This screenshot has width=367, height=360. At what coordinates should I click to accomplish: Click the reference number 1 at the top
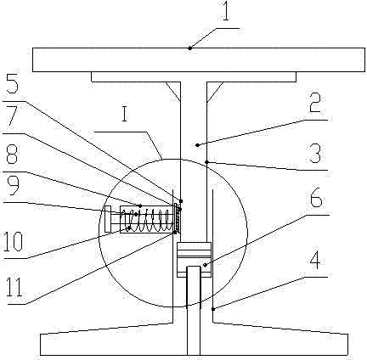coord(226,11)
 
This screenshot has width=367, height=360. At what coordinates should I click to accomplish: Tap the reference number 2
coord(315,103)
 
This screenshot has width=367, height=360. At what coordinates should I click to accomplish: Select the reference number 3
coord(315,154)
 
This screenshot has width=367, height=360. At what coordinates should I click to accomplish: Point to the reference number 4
coord(315,260)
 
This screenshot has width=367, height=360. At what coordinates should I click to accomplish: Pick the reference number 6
coord(316,198)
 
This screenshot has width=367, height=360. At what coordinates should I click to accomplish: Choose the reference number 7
coord(11,116)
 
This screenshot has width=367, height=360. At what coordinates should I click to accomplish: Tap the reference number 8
coord(12,155)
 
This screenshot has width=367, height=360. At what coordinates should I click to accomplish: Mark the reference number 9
coord(13,185)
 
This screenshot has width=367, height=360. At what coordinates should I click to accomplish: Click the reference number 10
coord(13,241)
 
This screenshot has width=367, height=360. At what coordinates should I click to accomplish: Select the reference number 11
coord(14,287)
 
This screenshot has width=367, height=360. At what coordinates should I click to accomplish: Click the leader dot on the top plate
coord(190,48)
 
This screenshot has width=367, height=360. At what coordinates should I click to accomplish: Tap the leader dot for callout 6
coord(205,265)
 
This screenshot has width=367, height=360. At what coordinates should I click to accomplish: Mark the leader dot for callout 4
coord(213,309)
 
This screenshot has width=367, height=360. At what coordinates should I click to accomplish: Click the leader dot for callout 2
coord(197,145)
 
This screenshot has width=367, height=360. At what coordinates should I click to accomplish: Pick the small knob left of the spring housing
coord(108,219)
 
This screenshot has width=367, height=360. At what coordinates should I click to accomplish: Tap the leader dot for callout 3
coord(207,162)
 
